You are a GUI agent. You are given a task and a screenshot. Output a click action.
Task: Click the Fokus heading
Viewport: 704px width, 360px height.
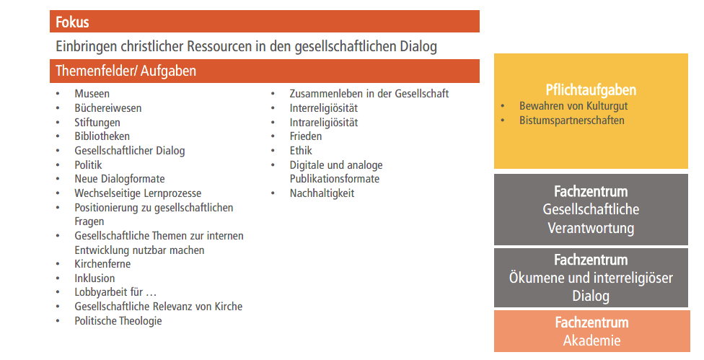(72, 22)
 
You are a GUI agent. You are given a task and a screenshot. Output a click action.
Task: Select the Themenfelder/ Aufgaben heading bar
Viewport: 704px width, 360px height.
(265, 71)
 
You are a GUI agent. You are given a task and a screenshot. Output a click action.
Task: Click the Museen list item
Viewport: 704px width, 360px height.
(92, 94)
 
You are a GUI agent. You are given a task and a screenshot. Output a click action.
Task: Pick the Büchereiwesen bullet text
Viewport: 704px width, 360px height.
(107, 108)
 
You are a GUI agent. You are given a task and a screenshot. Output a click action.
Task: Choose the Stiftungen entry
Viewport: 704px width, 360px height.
(97, 123)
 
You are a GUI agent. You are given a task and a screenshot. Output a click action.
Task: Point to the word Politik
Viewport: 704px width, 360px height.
(88, 164)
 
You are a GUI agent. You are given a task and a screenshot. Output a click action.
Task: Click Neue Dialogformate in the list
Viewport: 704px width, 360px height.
(120, 179)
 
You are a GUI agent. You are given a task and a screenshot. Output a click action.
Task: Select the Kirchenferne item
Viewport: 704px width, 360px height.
(102, 264)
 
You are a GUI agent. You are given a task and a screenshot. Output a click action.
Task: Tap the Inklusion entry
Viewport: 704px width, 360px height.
(94, 278)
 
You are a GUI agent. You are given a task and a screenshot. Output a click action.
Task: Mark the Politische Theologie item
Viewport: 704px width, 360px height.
(118, 321)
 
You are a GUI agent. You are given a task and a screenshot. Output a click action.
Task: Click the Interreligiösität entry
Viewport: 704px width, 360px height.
(324, 108)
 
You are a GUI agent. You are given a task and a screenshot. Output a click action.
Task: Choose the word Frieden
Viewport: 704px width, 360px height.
(306, 136)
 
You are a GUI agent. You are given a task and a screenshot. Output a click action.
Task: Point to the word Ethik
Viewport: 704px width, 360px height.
(301, 150)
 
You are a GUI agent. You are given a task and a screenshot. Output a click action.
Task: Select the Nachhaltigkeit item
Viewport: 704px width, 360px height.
(322, 193)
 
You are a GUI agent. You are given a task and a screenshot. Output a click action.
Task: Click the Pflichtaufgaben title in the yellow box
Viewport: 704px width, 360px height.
(591, 89)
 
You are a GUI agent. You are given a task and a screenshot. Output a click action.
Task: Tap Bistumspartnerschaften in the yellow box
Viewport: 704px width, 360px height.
(571, 120)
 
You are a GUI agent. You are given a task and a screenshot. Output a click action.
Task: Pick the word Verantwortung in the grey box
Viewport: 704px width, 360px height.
(591, 228)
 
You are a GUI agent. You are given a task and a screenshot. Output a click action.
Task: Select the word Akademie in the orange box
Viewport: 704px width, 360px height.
(591, 341)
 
